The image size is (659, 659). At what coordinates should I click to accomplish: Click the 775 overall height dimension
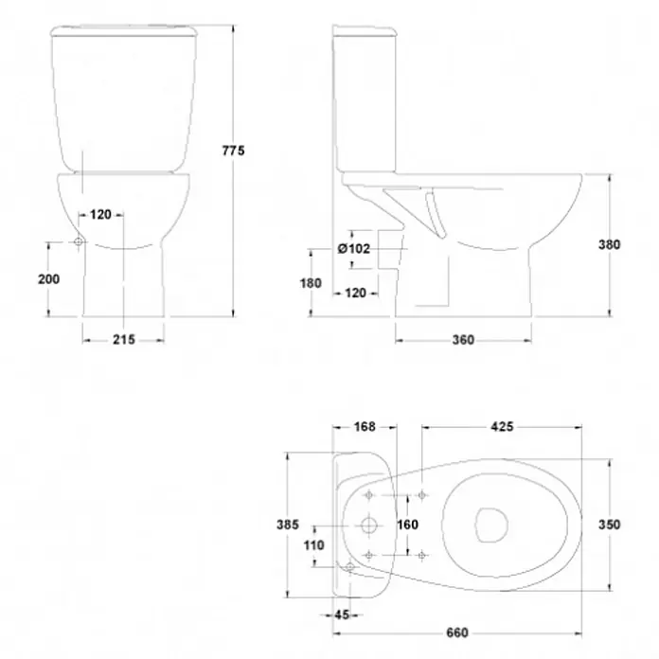[233, 150]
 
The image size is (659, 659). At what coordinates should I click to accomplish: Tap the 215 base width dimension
[124, 339]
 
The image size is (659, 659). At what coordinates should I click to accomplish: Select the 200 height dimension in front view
[48, 279]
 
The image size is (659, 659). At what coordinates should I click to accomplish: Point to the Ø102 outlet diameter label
[354, 248]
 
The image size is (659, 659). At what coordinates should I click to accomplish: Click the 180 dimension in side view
[311, 283]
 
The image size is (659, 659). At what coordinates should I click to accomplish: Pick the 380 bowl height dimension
[610, 244]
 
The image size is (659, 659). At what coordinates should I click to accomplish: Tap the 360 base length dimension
[463, 340]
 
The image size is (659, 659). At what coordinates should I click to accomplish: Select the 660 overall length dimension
[457, 632]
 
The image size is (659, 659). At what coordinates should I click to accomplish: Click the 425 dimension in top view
[502, 427]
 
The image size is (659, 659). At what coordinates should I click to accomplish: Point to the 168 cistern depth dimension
[365, 427]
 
